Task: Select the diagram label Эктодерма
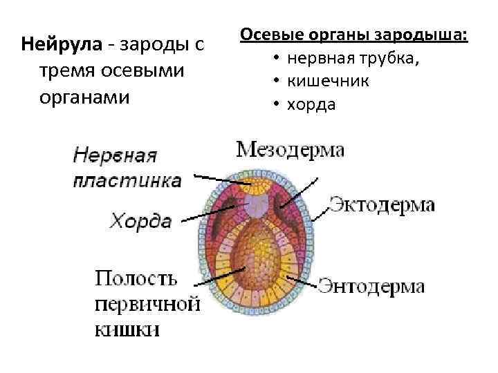pyautogui.click(x=381, y=204)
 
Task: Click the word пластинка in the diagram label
pyautogui.click(x=127, y=181)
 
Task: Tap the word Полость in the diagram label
pyautogui.click(x=136, y=278)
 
